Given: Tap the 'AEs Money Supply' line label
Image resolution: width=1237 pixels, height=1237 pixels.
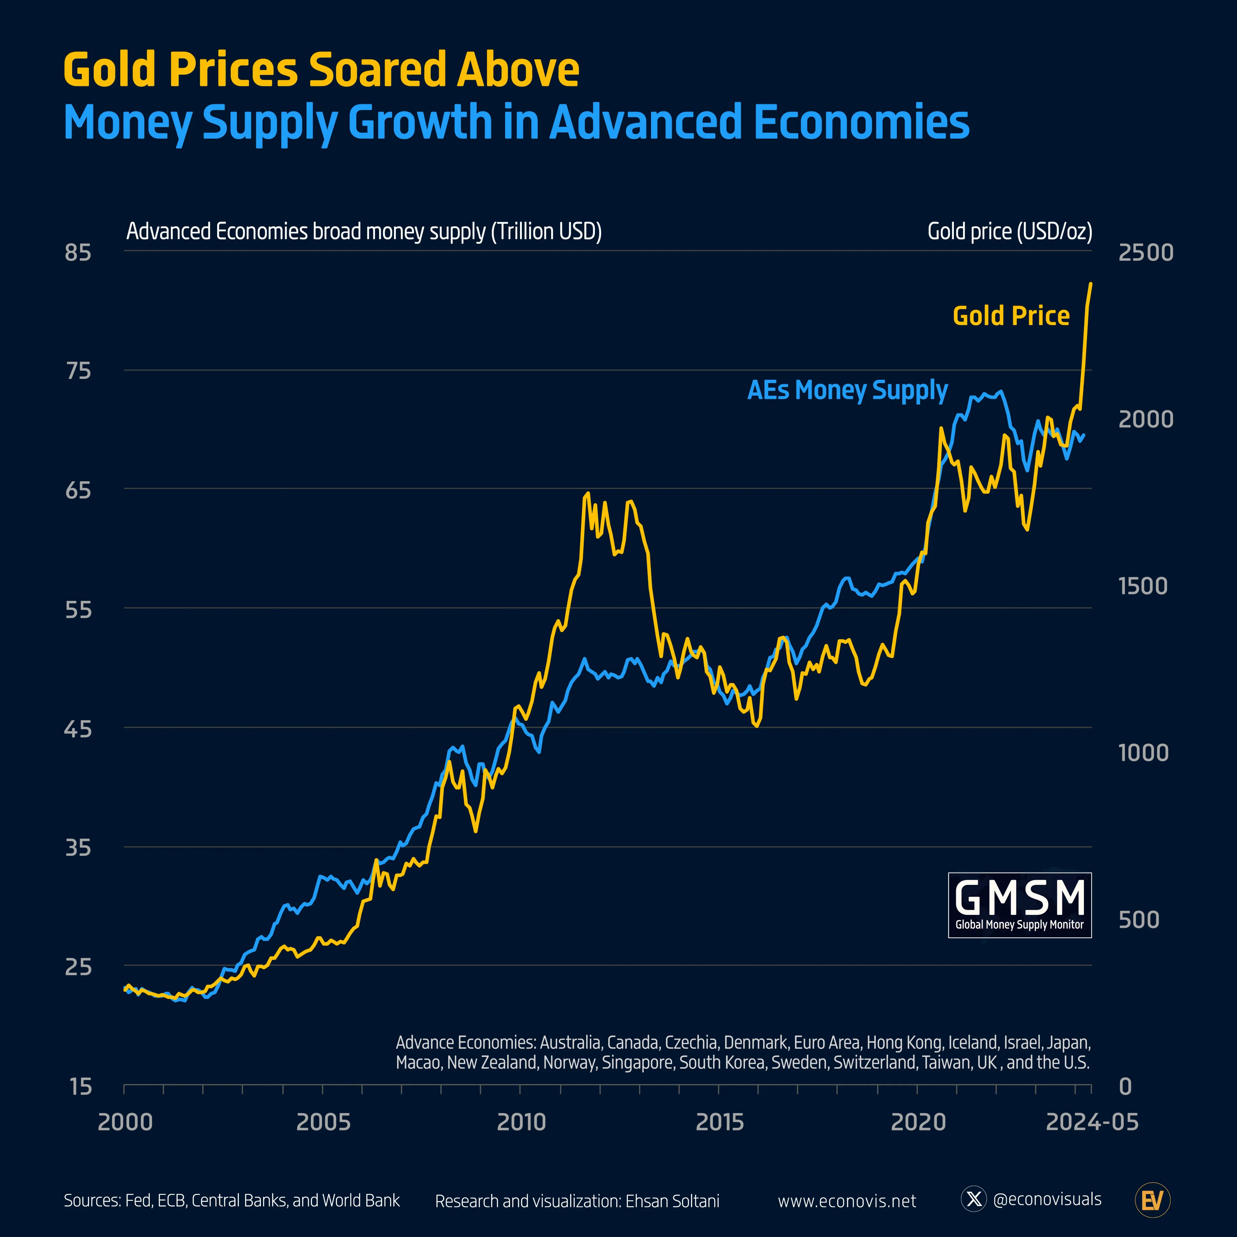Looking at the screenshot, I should [847, 390].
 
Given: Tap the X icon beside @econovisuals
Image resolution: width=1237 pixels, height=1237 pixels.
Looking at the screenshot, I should [974, 1199].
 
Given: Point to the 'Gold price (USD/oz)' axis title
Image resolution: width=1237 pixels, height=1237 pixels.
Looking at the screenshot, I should [1010, 231].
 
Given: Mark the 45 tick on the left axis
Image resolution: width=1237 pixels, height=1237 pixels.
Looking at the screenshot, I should [78, 729].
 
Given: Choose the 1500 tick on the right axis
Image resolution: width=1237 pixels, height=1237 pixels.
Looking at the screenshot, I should [1142, 586].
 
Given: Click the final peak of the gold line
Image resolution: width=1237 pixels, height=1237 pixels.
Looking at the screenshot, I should [1090, 283].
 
